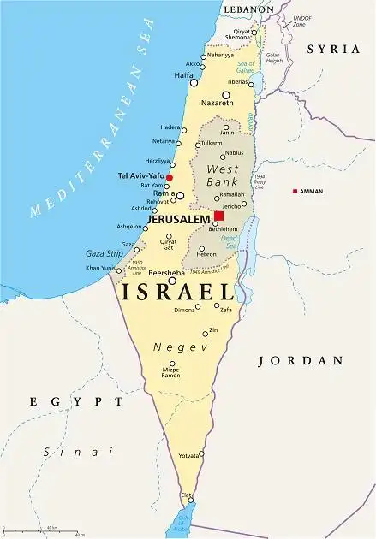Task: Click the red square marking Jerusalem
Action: tap(218, 216)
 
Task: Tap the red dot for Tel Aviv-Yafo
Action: tap(170, 178)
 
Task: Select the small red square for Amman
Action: tap(295, 191)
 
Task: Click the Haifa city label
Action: tap(183, 75)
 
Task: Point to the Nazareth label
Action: tap(218, 102)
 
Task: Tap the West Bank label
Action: tap(223, 175)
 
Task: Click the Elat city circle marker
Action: tap(191, 500)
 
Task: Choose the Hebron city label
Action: tap(206, 254)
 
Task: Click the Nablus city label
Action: tap(234, 152)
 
